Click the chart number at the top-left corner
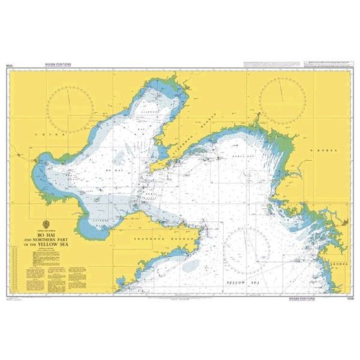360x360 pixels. tap(10, 66)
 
